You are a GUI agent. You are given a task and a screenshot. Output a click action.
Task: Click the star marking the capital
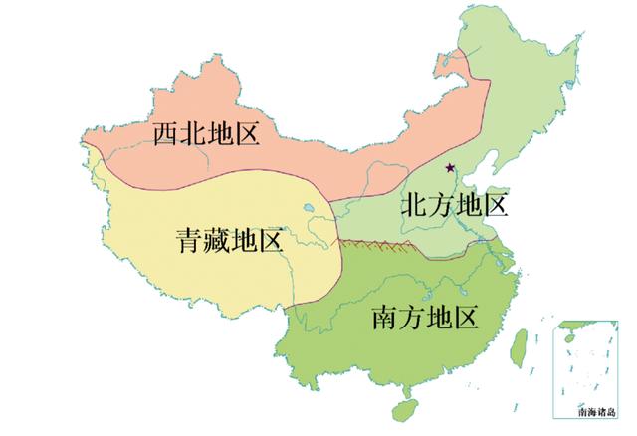point(450,167)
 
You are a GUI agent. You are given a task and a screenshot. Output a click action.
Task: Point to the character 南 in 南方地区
point(385,318)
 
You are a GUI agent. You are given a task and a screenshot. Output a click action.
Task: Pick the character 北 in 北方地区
point(414,205)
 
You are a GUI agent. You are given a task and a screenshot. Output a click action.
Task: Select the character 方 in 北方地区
point(441,205)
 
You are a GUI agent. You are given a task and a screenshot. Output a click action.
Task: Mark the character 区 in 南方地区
point(465,318)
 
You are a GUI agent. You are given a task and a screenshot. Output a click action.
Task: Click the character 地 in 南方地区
point(439,318)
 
